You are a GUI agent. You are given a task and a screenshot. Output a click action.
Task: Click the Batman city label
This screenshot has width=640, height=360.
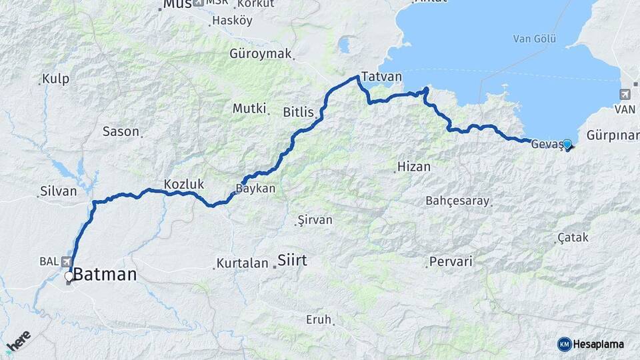coord(105,274)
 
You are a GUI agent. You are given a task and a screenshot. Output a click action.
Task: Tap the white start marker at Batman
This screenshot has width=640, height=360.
coord(69,276)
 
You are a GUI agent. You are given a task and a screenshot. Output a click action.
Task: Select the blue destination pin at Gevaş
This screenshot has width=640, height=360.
coord(567,144)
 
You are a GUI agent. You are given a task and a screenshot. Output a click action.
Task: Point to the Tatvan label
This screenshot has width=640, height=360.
coord(381,77)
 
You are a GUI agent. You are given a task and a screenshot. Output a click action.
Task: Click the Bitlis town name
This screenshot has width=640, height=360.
coord(298,112)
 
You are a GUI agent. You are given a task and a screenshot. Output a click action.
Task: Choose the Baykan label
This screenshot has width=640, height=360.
coord(256,189)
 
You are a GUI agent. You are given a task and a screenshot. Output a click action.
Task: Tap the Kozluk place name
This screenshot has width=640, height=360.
coord(184,184)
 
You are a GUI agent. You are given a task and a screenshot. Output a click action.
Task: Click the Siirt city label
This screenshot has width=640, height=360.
coord(292,260)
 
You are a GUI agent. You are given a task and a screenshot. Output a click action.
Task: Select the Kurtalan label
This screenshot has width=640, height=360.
coord(241,264)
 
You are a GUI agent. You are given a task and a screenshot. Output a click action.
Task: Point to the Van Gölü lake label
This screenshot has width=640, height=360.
coord(534,39)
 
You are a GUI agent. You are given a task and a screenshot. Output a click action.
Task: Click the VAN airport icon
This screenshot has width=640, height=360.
coord(625,94)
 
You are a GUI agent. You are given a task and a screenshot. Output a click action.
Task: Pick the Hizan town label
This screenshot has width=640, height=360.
coord(413,167)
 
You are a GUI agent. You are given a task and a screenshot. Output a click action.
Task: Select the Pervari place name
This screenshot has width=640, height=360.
coord(451,261)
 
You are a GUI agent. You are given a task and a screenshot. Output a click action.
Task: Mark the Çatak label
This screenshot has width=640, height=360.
coord(573,237)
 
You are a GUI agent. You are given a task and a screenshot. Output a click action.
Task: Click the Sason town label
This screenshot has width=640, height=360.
coord(121,131)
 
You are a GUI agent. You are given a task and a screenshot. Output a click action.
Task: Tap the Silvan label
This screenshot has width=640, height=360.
coord(59,191)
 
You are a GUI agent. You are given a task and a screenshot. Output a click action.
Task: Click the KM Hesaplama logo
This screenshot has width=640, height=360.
coord(591,344)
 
